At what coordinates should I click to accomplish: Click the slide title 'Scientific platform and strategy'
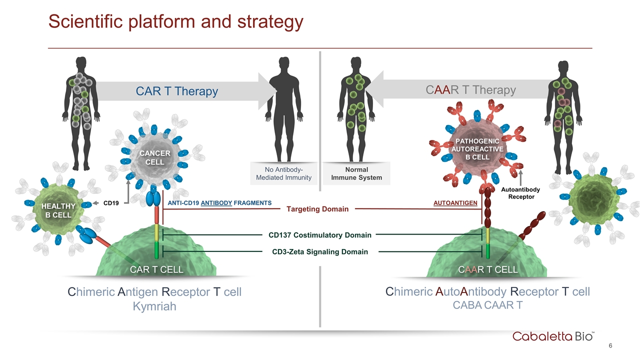click(x=175, y=21)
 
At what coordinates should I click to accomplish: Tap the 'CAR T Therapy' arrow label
click(x=177, y=91)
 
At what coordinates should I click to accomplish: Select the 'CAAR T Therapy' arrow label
click(x=471, y=90)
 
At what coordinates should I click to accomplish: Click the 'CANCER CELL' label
click(x=154, y=157)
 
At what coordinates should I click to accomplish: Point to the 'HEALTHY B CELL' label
click(x=58, y=210)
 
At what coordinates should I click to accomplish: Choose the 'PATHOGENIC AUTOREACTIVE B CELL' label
click(x=476, y=149)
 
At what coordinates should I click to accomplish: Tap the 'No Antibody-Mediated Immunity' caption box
click(x=283, y=173)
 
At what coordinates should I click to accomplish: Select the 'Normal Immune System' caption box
click(x=356, y=173)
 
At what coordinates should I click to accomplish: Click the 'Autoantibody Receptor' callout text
click(x=520, y=193)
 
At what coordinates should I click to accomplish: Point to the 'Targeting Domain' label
click(x=317, y=209)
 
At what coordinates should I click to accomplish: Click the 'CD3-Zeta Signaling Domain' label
click(x=319, y=252)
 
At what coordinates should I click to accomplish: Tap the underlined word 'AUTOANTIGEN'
click(x=455, y=202)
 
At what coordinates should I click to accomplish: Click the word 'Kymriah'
click(x=154, y=306)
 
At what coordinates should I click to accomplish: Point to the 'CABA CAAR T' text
click(x=487, y=305)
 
